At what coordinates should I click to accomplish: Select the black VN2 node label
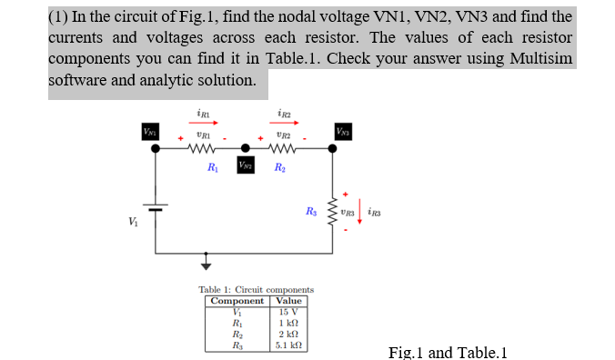245,165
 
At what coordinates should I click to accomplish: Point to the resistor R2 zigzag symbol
281,149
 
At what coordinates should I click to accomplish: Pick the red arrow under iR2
283,124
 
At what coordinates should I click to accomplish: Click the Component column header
237,301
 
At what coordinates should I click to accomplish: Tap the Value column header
289,301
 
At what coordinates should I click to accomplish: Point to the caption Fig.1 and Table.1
446,352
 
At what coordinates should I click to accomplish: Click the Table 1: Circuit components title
257,289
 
